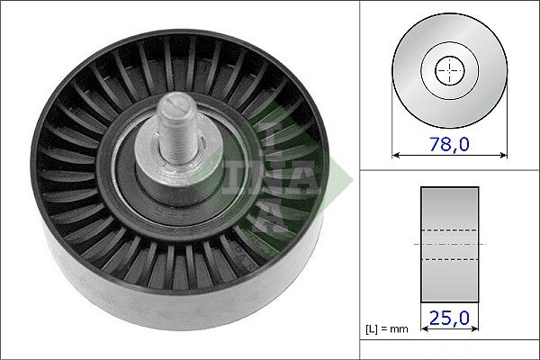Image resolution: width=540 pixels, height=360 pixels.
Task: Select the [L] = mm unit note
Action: click(x=389, y=329)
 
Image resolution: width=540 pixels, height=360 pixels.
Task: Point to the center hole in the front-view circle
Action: click(x=447, y=70)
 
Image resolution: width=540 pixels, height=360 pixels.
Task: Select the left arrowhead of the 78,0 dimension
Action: click(x=397, y=155)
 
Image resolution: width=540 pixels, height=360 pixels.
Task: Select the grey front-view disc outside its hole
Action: click(x=418, y=90)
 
